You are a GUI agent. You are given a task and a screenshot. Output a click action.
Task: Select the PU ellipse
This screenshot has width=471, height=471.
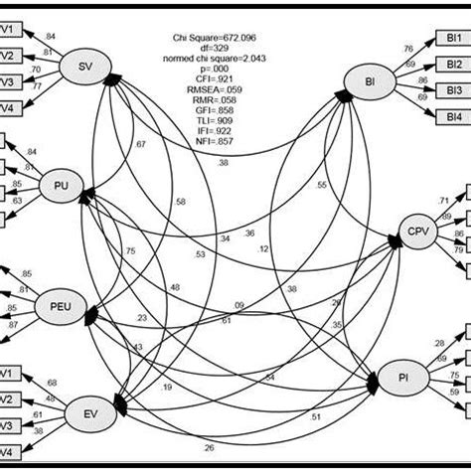tap(63, 184)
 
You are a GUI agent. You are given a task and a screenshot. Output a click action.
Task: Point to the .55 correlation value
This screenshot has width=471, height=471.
tap(321, 186)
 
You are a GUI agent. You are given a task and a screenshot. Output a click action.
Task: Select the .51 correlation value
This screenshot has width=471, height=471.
tap(316, 418)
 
